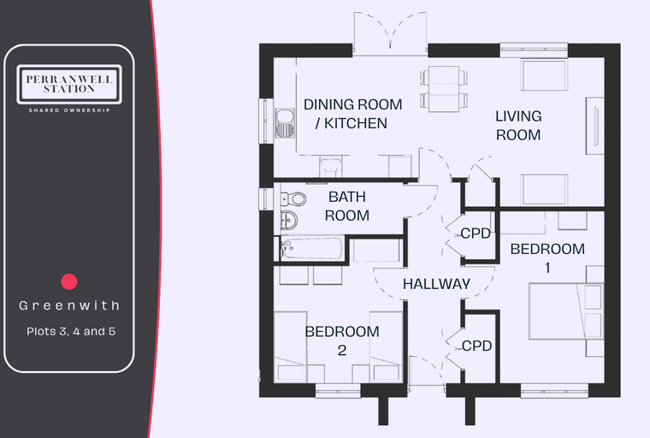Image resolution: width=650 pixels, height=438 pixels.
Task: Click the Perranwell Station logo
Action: tap(69, 84)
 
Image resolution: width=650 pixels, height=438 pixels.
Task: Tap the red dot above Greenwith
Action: tap(69, 281)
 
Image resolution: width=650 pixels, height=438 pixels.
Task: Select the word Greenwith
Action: tap(69, 305)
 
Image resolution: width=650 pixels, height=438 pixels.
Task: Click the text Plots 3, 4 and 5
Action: tap(71, 331)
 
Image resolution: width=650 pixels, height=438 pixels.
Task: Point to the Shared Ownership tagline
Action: tap(69, 110)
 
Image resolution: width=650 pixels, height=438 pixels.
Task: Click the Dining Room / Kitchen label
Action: tap(352, 114)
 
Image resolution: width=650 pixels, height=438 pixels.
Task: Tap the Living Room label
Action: tap(518, 125)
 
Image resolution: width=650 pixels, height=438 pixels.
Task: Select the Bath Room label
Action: tap(347, 206)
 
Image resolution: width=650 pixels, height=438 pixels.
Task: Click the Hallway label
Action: tap(436, 284)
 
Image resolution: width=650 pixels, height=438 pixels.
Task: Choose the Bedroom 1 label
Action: tap(547, 257)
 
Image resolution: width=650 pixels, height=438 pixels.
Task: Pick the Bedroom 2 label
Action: tap(342, 340)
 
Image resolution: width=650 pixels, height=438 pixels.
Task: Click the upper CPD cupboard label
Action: tap(476, 234)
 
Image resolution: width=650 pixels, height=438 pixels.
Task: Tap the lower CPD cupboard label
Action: tap(476, 346)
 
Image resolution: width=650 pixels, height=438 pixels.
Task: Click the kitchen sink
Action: tap(285, 123)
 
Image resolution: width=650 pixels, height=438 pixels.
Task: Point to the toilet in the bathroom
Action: tap(293, 199)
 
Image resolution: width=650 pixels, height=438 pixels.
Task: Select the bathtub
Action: tap(312, 248)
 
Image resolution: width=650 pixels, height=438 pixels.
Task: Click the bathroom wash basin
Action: tap(289, 219)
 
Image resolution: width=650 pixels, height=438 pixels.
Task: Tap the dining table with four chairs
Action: tap(444, 89)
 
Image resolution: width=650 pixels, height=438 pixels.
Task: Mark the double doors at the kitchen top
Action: tap(390, 33)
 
